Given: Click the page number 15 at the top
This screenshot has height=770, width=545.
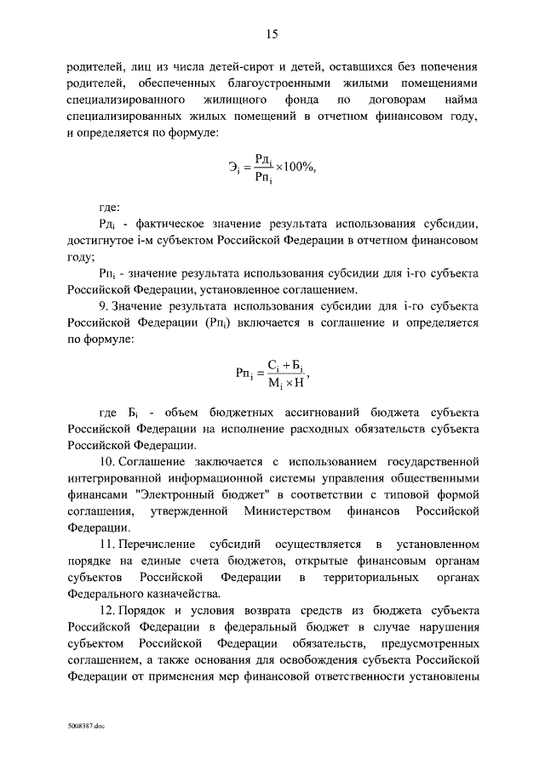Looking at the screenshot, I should (272, 34).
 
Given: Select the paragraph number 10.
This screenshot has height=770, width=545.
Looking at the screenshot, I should (108, 461).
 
